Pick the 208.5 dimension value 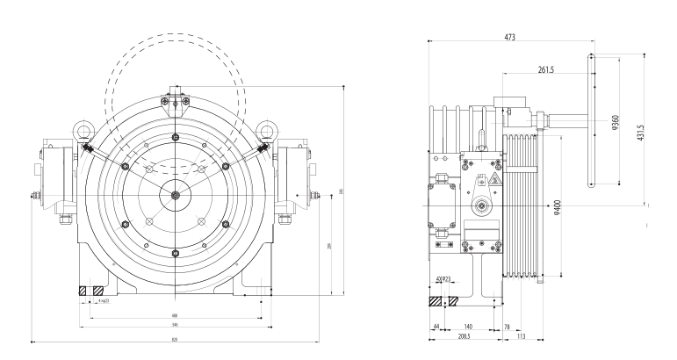coord(460,335)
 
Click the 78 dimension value coord(508,326)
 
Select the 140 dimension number coord(469,326)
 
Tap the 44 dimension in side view coord(436,326)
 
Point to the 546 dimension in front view coord(176,325)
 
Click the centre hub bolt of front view coord(176,195)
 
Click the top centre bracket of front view coord(176,102)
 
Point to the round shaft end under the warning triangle coord(482,207)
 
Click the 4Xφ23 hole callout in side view coord(443,281)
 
